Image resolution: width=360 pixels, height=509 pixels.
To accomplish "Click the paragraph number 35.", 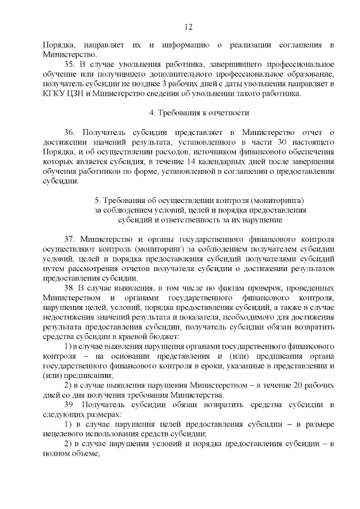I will coord(69,65).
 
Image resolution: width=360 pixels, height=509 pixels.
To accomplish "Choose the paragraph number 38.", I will coord(69,287).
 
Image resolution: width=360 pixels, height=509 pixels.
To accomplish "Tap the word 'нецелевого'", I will coord(62,434).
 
